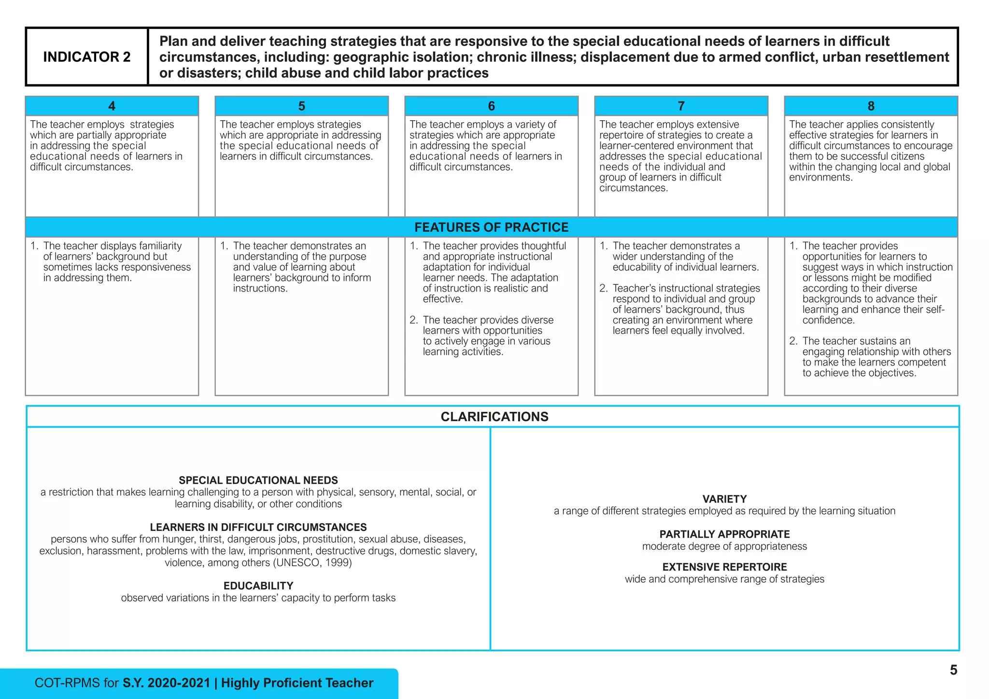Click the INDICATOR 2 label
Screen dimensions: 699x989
(87, 57)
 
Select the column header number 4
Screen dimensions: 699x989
(112, 106)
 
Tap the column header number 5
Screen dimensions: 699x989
(302, 106)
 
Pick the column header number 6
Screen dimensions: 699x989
(492, 106)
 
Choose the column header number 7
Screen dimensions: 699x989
(681, 106)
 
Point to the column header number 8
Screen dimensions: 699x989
(871, 106)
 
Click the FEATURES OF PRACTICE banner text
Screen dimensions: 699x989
(492, 227)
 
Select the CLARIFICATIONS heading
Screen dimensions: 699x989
(494, 417)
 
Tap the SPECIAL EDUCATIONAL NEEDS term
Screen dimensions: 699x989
(258, 480)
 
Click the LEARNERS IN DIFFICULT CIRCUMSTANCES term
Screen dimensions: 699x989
(258, 527)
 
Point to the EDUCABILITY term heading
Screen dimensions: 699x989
(258, 586)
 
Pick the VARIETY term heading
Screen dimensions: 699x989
(724, 499)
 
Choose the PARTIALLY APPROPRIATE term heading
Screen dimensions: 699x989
(724, 534)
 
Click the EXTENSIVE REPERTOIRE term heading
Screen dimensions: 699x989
(724, 567)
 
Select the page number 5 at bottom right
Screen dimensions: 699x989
(953, 670)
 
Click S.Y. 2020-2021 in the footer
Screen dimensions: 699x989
(166, 683)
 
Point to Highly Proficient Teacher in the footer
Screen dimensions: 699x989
(297, 683)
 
